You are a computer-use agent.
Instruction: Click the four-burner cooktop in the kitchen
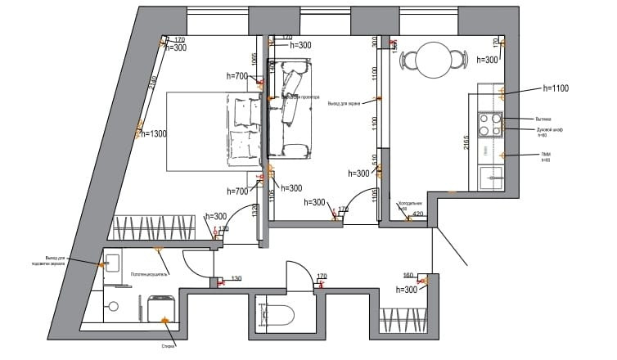point(489,124)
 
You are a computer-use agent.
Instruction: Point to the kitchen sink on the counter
point(493,175)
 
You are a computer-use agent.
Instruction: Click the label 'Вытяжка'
point(533,118)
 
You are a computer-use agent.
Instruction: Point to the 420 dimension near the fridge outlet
point(418,214)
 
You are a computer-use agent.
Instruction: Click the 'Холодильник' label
point(409,204)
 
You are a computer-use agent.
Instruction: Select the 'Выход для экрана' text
point(345,104)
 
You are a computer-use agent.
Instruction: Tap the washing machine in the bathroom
point(161,308)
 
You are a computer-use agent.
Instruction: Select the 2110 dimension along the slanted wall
point(152,84)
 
